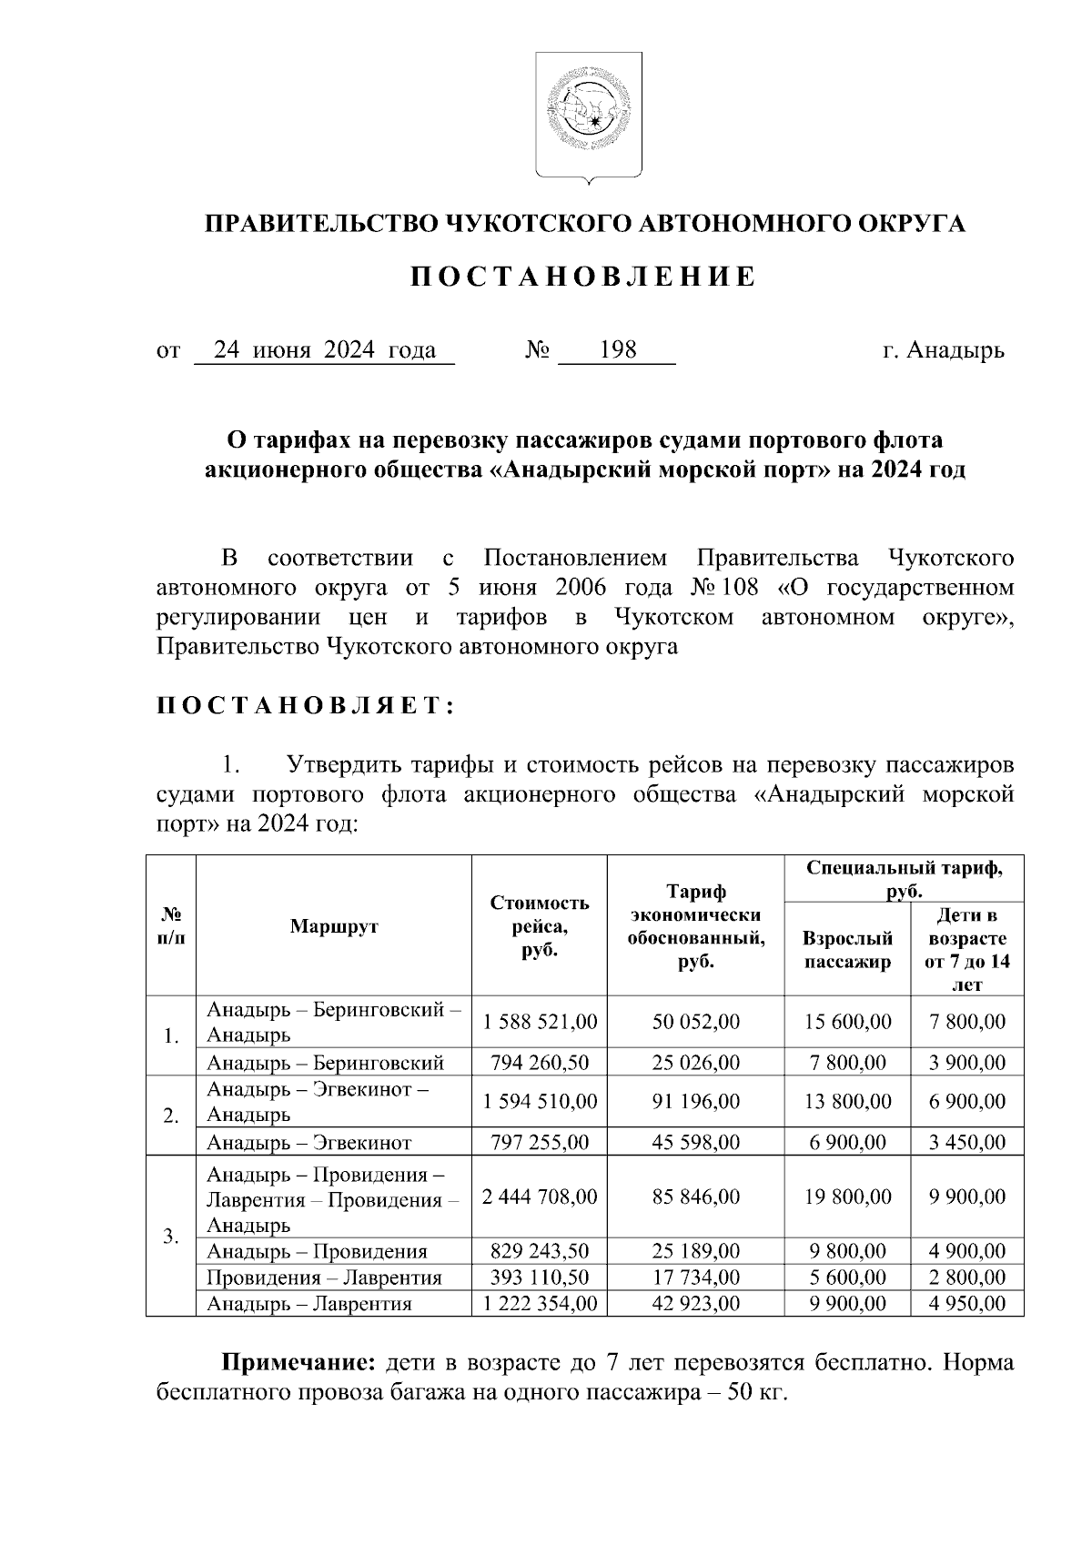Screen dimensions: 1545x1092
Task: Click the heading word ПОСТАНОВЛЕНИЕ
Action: pyautogui.click(x=582, y=278)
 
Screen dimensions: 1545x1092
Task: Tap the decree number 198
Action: pyautogui.click(x=618, y=350)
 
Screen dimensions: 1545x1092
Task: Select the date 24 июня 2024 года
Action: pyautogui.click(x=324, y=350)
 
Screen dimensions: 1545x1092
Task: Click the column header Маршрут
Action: pyautogui.click(x=333, y=926)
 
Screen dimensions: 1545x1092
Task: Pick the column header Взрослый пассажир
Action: pyautogui.click(x=847, y=950)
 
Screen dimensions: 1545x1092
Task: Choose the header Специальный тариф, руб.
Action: pyautogui.click(x=905, y=879)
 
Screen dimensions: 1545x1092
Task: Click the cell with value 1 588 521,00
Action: pyautogui.click(x=540, y=1022)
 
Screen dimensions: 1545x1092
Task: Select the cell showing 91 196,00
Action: pyautogui.click(x=696, y=1102)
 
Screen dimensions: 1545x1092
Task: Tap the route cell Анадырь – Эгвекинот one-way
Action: pyautogui.click(x=309, y=1143)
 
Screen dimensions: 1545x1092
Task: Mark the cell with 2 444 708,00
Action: pyautogui.click(x=540, y=1197)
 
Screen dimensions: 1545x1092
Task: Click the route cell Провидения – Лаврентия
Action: pyautogui.click(x=324, y=1277)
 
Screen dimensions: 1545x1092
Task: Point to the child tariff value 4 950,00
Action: pyautogui.click(x=966, y=1304)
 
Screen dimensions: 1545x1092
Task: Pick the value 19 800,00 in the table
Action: pyautogui.click(x=847, y=1197)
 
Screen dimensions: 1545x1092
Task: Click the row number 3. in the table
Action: pyautogui.click(x=170, y=1237)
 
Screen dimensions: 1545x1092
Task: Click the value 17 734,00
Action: pyautogui.click(x=696, y=1277)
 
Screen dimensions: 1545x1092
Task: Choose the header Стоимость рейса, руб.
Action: pyautogui.click(x=540, y=926)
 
